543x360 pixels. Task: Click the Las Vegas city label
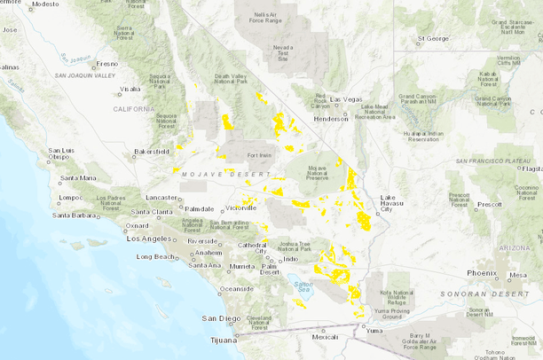pyautogui.click(x=348, y=98)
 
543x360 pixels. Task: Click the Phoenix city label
pyautogui.click(x=482, y=272)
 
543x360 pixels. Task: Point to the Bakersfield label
pyautogui.click(x=150, y=152)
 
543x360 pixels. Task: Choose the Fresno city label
pyautogui.click(x=106, y=64)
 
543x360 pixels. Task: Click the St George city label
pyautogui.click(x=434, y=39)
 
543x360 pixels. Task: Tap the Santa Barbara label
pyautogui.click(x=75, y=215)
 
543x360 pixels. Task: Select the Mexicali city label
pyautogui.click(x=326, y=337)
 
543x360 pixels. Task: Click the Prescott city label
pyautogui.click(x=489, y=204)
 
